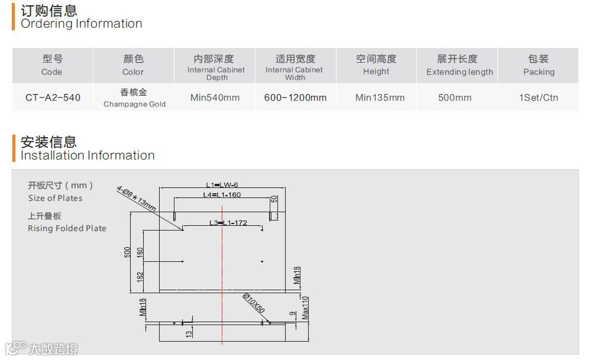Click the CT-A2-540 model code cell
[53, 98]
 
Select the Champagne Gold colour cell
[134, 98]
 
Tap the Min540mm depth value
[215, 98]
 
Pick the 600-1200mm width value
[295, 98]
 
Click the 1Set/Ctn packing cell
[538, 98]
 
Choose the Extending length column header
[459, 65]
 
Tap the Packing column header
[538, 65]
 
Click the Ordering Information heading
[81, 24]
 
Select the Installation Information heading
[88, 155]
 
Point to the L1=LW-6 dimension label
[222, 185]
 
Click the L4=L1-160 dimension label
[222, 194]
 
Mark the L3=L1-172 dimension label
[228, 223]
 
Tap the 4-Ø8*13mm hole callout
[137, 197]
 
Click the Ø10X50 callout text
[253, 303]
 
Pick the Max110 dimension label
[305, 307]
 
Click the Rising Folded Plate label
[67, 228]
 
